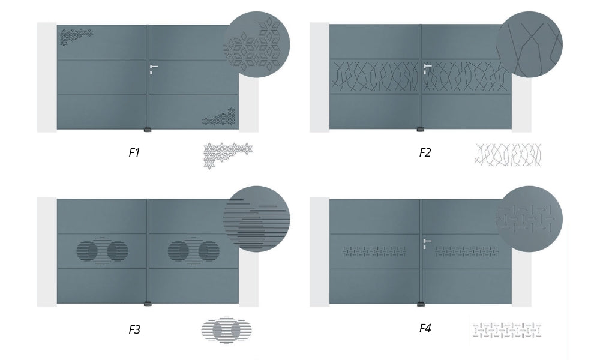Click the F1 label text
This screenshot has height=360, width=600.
pyautogui.click(x=134, y=152)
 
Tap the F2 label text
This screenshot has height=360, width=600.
pyautogui.click(x=425, y=152)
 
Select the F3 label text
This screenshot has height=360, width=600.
pyautogui.click(x=134, y=329)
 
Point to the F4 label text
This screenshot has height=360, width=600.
pyautogui.click(x=425, y=328)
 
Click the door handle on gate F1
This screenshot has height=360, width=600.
pyautogui.click(x=154, y=68)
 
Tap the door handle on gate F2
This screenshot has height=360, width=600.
pyautogui.click(x=427, y=68)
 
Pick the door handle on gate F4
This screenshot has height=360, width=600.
pyautogui.click(x=427, y=244)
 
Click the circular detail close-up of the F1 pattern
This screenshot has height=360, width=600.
pyautogui.click(x=256, y=44)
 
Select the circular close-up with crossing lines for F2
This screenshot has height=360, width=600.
pyautogui.click(x=529, y=44)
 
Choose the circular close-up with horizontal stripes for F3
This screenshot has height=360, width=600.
pyautogui.click(x=256, y=219)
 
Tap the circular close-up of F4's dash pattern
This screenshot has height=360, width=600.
pyautogui.click(x=529, y=219)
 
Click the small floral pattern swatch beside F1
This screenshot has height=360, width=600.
pyautogui.click(x=227, y=155)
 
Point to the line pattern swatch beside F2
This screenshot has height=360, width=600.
pyautogui.click(x=508, y=155)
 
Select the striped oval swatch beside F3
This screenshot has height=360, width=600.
pyautogui.click(x=227, y=329)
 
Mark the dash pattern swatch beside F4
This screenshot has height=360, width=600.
pyautogui.click(x=507, y=331)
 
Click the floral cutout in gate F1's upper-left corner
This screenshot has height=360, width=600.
pyautogui.click(x=76, y=37)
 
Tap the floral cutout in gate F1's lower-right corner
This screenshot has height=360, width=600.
pyautogui.click(x=219, y=116)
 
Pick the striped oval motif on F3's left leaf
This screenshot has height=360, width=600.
pyautogui.click(x=102, y=251)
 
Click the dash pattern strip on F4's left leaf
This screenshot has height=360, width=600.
pyautogui.click(x=374, y=251)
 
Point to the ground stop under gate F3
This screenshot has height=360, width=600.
pyautogui.click(x=148, y=304)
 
